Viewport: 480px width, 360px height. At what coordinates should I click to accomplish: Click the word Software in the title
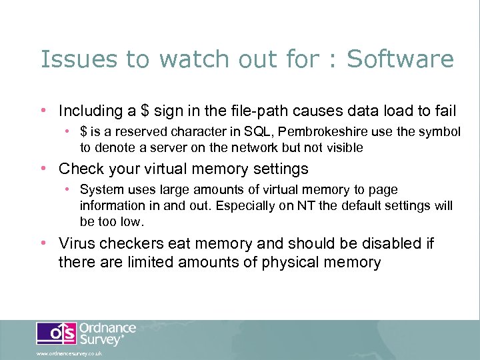[x=401, y=59]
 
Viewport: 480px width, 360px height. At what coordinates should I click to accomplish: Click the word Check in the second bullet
[x=80, y=169]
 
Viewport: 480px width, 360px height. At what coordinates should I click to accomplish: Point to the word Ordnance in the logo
[x=108, y=329]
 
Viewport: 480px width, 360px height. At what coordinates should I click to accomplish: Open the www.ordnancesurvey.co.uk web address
[x=69, y=354]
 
